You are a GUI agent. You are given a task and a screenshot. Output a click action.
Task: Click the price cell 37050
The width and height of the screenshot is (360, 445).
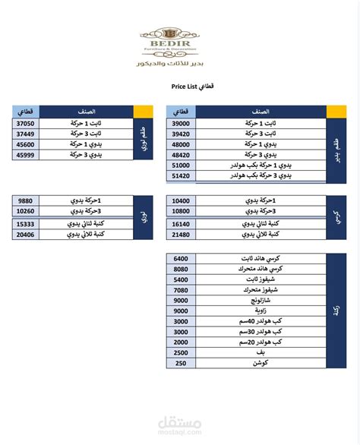click(25, 122)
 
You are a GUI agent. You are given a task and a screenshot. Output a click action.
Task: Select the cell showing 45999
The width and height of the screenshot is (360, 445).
click(25, 154)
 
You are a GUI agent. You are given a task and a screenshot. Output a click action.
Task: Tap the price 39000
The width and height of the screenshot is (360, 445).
click(182, 122)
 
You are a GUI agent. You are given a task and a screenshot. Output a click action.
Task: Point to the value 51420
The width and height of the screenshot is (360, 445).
click(182, 175)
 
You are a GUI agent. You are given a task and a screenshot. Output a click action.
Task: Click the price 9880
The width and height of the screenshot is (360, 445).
click(25, 200)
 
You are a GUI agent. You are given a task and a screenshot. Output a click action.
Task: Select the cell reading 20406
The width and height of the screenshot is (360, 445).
click(25, 235)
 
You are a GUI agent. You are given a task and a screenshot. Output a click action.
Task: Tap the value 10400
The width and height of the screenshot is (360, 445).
click(182, 200)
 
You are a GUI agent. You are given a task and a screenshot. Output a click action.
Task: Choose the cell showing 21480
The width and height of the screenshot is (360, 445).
click(182, 235)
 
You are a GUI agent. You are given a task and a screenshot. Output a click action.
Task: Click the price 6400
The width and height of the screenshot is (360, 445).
click(181, 259)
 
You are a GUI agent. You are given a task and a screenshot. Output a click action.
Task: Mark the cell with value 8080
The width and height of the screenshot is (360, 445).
click(181, 269)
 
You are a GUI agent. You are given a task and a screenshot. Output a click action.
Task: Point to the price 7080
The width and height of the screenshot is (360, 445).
click(181, 290)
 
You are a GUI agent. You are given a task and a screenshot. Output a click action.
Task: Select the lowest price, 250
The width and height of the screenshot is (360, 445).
click(181, 364)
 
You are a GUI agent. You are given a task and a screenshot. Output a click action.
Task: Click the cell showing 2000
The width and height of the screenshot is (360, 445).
click(181, 353)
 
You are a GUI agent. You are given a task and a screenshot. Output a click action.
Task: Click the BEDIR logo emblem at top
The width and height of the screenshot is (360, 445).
click(169, 35)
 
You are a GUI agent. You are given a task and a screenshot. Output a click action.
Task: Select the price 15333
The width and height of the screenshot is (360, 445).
click(25, 224)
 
